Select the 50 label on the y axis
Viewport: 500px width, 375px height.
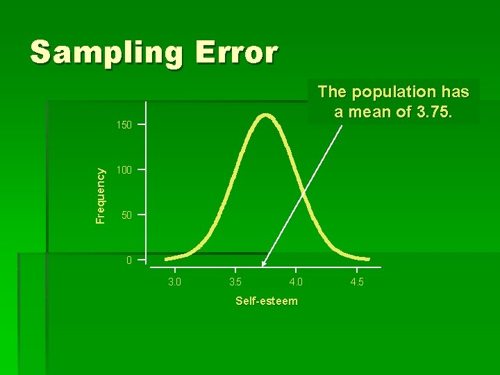point(126,216)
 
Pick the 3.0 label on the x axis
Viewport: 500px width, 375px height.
point(174,282)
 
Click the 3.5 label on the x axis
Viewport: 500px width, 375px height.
point(235,282)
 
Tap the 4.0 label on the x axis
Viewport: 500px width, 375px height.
point(295,282)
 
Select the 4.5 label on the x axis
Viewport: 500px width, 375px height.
point(357,282)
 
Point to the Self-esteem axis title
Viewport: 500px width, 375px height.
point(267,301)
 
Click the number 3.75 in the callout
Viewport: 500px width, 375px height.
point(430,112)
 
